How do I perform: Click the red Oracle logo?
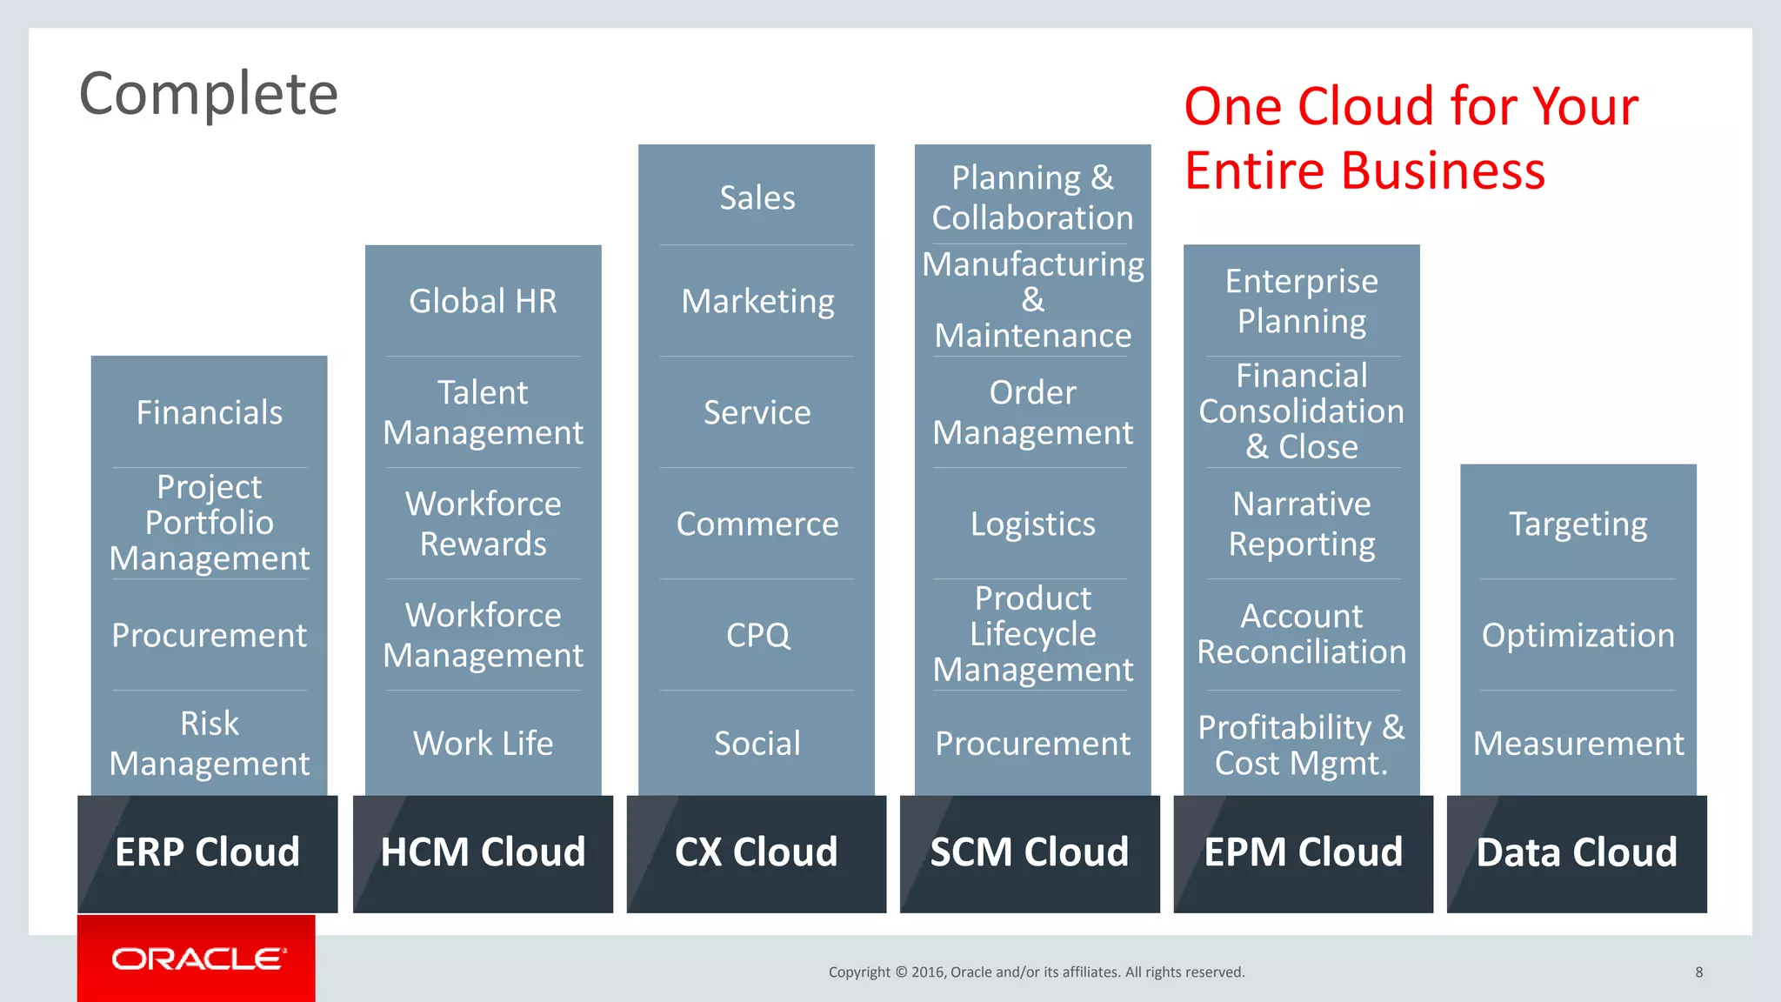pos(197,958)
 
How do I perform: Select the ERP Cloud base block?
pos(207,852)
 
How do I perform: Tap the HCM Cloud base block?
pos(483,852)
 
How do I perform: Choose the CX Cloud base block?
pos(756,852)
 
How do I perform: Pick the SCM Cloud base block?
pos(1030,852)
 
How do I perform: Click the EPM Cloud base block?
pos(1303,852)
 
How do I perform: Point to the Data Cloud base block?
pos(1577,852)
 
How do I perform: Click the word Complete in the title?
pos(209,94)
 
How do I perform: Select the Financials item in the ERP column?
pos(210,412)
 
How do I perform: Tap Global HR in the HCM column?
pos(483,301)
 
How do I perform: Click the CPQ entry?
pos(757,635)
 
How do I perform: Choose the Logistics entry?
pos(1032,524)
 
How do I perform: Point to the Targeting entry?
pos(1578,524)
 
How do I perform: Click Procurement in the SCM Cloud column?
pos(1032,744)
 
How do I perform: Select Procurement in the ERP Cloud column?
pos(210,635)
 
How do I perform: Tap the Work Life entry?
pos(483,744)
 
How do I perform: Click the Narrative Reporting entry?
pos(1302,524)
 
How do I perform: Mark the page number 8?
pos(1699,972)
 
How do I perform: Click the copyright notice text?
pos(1037,972)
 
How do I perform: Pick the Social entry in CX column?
pos(757,744)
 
